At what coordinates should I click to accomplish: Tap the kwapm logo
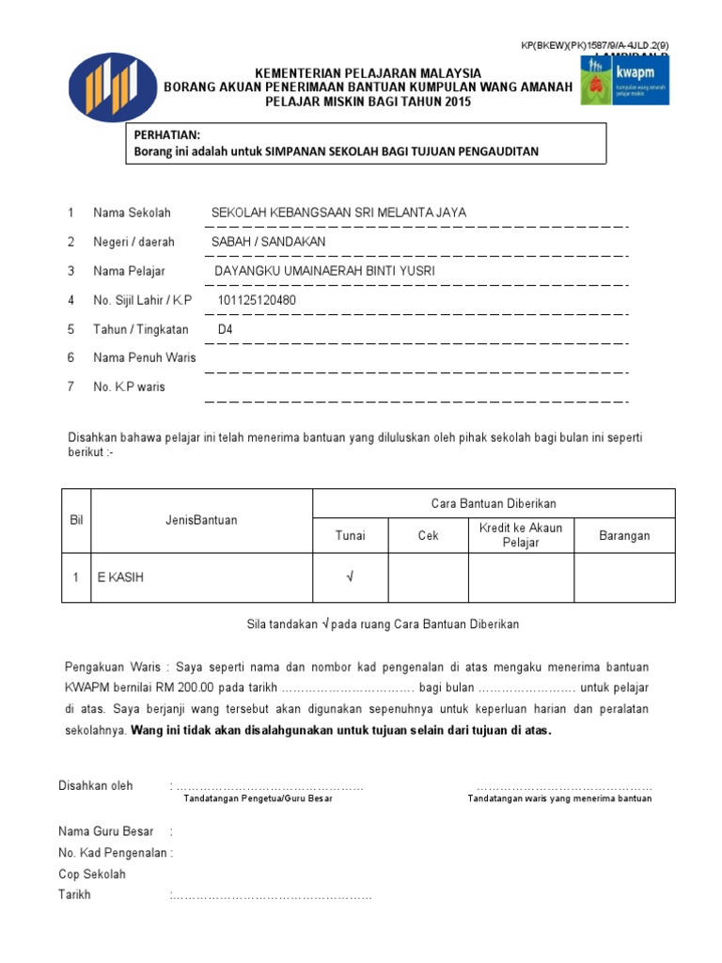[624, 79]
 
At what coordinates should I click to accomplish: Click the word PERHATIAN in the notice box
[166, 135]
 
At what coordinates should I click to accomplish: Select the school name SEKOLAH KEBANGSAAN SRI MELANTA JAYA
[338, 213]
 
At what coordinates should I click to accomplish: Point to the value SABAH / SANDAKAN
[269, 242]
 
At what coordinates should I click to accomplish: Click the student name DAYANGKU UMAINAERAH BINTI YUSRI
[325, 271]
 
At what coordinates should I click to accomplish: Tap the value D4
[226, 329]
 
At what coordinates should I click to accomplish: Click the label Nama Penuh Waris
[145, 357]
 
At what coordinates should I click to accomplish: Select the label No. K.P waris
[129, 387]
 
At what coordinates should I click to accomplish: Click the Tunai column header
[351, 536]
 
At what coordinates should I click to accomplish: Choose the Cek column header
[429, 536]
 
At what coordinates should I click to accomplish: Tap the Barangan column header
[624, 536]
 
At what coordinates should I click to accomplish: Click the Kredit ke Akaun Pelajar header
[521, 535]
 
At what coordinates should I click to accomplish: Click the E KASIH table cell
[121, 577]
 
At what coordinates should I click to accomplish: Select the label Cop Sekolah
[92, 874]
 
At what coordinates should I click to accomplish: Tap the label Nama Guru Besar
[105, 831]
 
